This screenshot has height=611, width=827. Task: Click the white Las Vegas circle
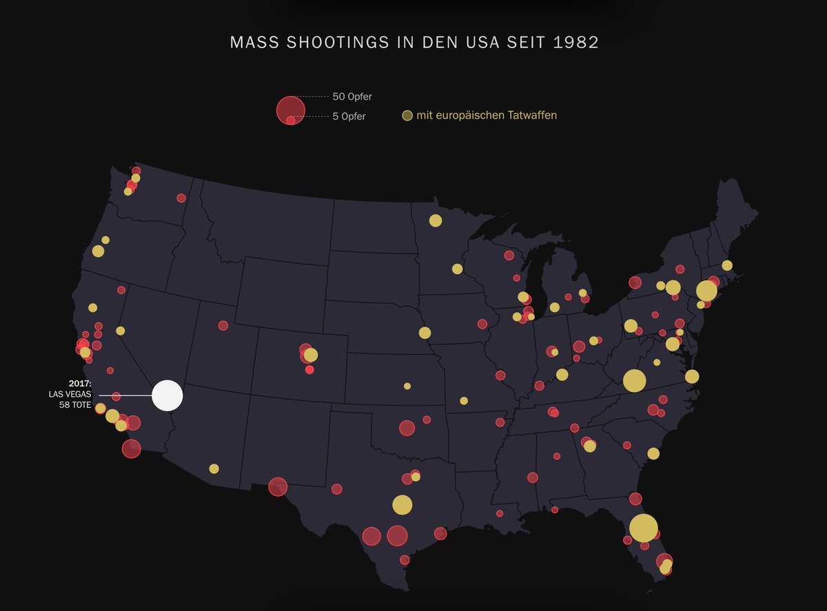pos(167,396)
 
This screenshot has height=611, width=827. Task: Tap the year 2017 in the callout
pos(79,383)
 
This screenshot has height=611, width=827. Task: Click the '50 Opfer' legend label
pos(352,96)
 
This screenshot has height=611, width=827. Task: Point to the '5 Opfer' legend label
pos(349,116)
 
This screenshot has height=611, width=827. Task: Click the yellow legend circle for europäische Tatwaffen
pos(407,116)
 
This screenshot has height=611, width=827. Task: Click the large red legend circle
pos(290,110)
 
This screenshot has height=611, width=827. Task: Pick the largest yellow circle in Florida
pos(643,528)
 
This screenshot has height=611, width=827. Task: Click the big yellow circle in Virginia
pos(634,380)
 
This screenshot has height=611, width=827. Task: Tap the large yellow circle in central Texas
pos(402,505)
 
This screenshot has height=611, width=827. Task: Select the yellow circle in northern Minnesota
pos(436,220)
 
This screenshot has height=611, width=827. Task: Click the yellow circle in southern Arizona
pos(214,469)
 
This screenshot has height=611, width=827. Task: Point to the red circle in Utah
pos(223,325)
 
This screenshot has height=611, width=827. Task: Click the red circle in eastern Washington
pos(181,198)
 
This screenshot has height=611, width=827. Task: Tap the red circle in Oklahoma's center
pos(407,428)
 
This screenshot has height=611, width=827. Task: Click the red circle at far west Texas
pos(278,487)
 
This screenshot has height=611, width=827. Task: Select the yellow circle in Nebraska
pos(425,333)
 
